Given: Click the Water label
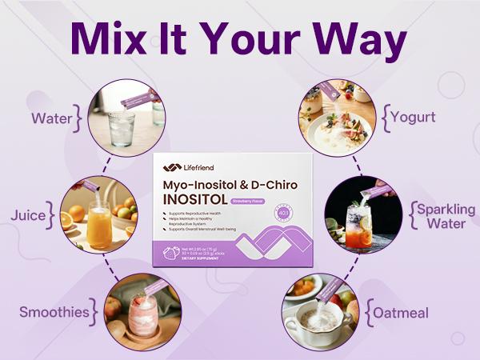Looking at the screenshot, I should pyautogui.click(x=53, y=120).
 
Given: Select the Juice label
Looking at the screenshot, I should pyautogui.click(x=28, y=216).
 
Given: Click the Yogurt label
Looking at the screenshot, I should pyautogui.click(x=414, y=118).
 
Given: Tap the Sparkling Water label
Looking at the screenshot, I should pyautogui.click(x=445, y=217).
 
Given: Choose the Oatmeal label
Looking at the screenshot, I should pyautogui.click(x=404, y=312).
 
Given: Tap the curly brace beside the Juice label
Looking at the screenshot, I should pyautogui.click(x=53, y=216).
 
